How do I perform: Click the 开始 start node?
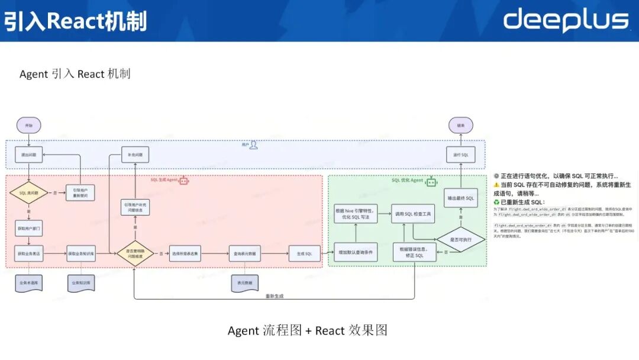pos(29,126)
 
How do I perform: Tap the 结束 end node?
pos(460,126)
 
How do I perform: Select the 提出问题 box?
pos(29,155)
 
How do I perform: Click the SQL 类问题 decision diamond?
pos(29,194)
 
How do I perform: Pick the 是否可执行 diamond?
pos(461,240)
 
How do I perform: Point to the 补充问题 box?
pos(135,155)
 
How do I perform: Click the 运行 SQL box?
pos(460,155)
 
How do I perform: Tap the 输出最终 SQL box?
pos(460,198)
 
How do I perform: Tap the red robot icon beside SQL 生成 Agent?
pos(184,180)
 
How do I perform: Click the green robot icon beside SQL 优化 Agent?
pos(432,180)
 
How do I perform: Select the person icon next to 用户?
pos(253,144)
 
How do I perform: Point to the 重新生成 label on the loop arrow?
pos(275,296)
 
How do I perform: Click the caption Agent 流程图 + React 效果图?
pos(308,330)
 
